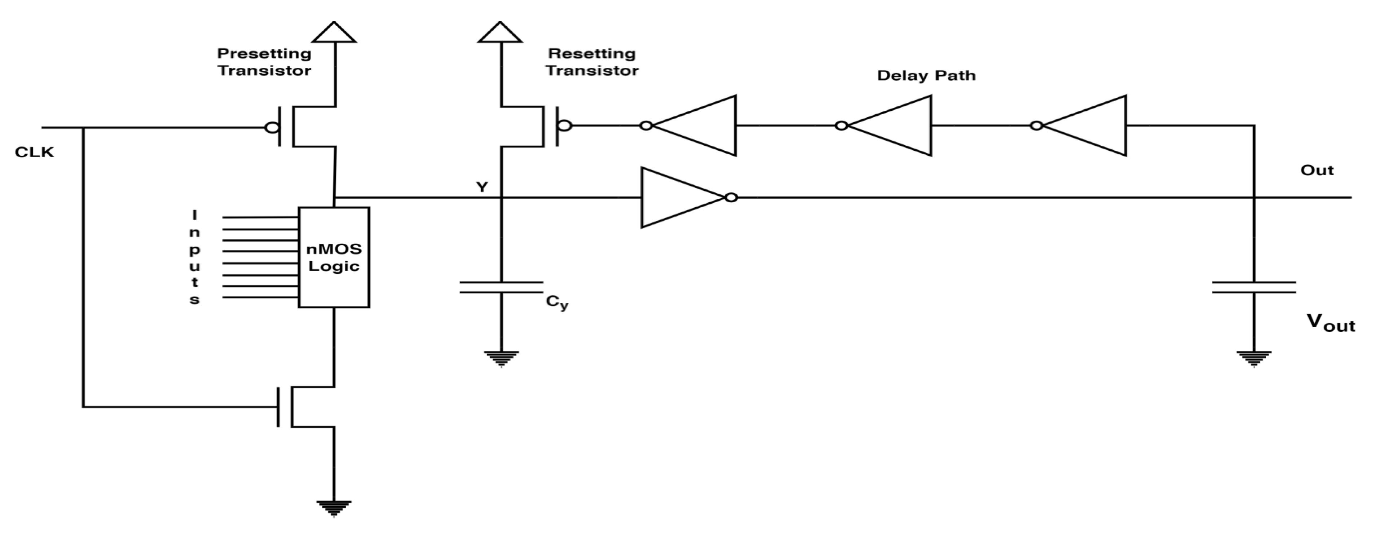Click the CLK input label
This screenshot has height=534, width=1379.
tap(34, 153)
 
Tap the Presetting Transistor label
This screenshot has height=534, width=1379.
tap(264, 62)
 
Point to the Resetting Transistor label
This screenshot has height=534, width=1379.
tap(592, 62)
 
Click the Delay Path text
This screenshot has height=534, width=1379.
tap(926, 75)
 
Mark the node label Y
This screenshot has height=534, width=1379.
tap(482, 187)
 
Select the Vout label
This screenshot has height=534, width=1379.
tap(1330, 323)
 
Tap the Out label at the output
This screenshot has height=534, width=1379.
tap(1317, 170)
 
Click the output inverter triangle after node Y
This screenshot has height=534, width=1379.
tap(680, 198)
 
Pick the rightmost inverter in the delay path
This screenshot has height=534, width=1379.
tap(1087, 126)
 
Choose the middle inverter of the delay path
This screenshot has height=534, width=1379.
tap(891, 126)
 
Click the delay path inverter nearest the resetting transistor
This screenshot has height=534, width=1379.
tap(696, 126)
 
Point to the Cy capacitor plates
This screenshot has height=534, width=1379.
tap(501, 287)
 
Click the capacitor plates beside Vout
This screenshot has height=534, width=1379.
tap(1254, 287)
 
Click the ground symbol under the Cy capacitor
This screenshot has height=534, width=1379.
tap(501, 357)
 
